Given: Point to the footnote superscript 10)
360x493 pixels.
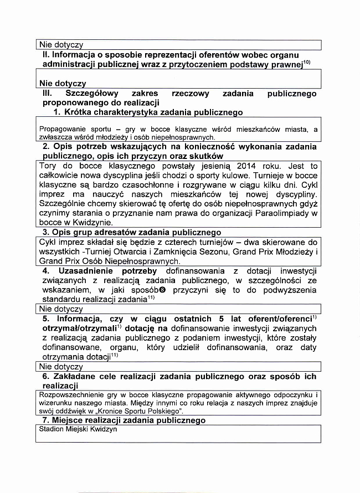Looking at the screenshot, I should coord(306,64).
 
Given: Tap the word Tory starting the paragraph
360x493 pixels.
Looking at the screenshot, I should coord(49,166).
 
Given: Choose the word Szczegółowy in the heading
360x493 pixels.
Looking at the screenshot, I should coord(91,94).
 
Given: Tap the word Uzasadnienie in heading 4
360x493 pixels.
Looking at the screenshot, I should coord(84,271).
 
